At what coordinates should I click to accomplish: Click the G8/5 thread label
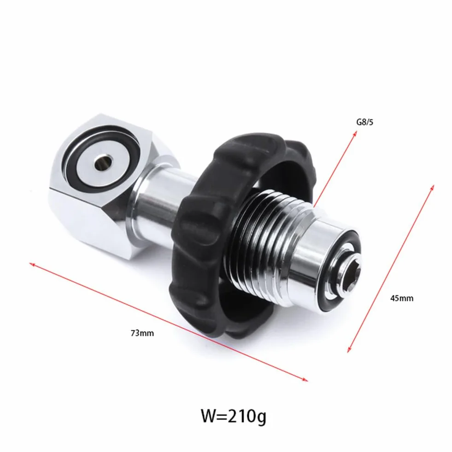click(x=364, y=122)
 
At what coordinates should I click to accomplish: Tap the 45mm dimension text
click(x=402, y=298)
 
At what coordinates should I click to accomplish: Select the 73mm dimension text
click(x=142, y=333)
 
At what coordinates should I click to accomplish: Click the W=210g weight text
click(x=233, y=416)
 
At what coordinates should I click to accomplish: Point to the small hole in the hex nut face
click(x=104, y=163)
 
